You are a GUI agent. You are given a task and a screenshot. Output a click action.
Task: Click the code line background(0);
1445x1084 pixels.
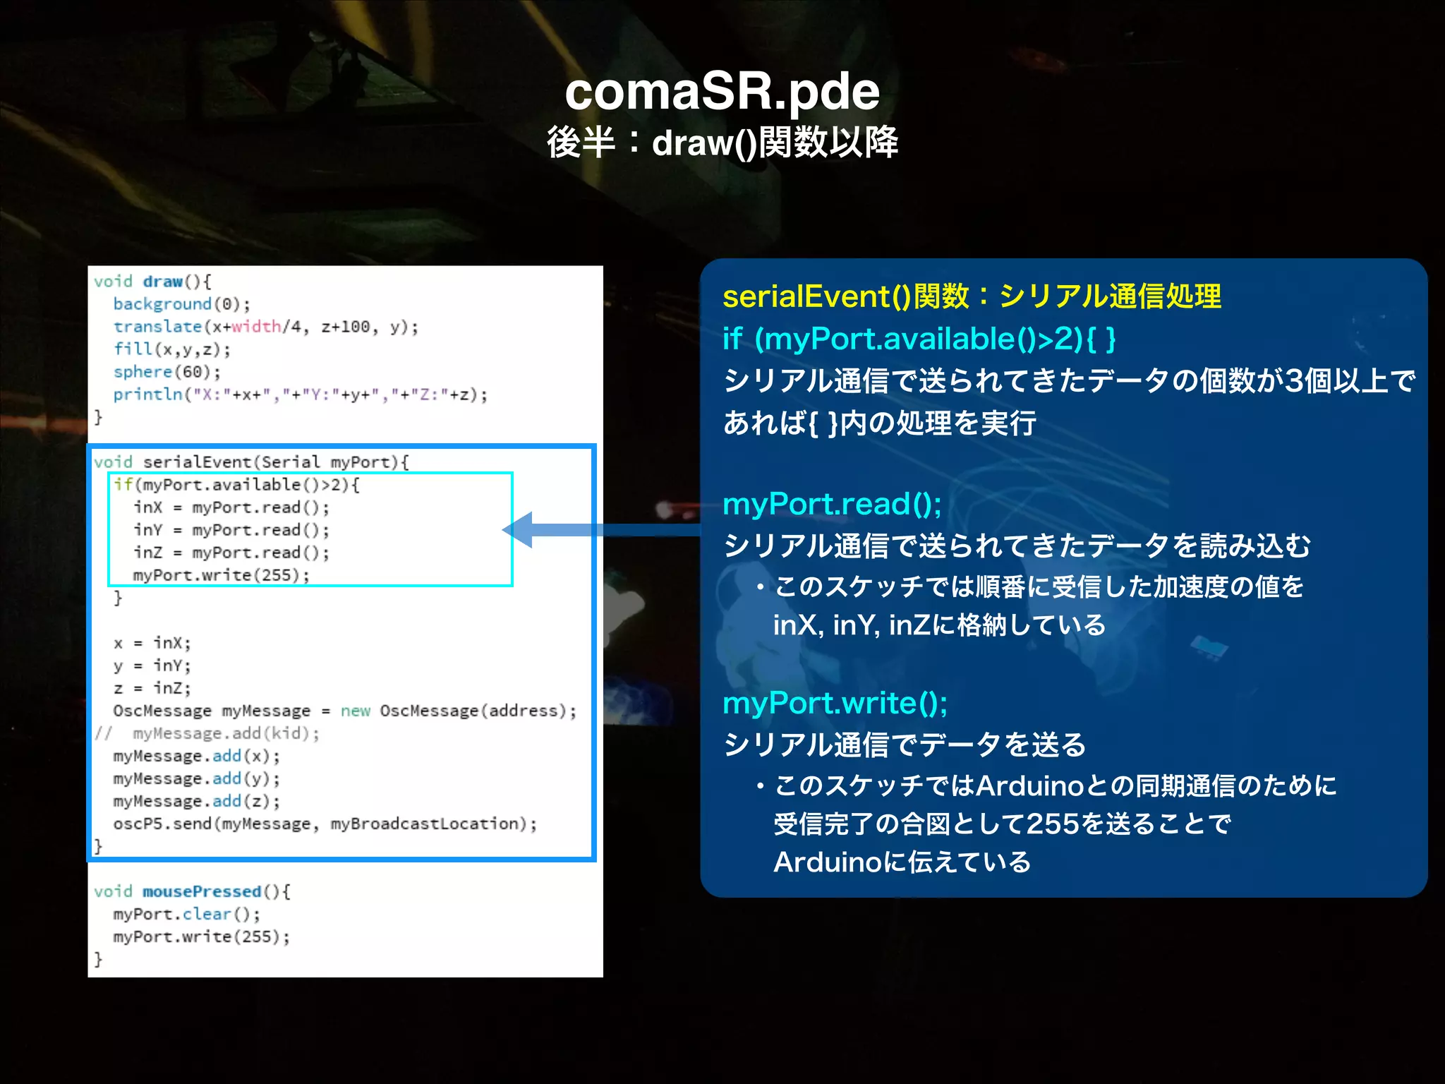click(x=181, y=304)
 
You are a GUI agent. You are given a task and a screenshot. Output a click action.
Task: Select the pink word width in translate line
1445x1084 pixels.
click(x=256, y=327)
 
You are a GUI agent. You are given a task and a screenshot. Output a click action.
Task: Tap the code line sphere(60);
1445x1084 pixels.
click(x=167, y=372)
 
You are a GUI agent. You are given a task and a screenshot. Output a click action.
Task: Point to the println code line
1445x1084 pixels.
click(x=300, y=395)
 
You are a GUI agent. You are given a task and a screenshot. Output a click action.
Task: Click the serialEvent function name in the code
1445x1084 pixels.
click(x=198, y=462)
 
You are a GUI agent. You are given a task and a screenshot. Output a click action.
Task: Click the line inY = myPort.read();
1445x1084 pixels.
click(x=231, y=530)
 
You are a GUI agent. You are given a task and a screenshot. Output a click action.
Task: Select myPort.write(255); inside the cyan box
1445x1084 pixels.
click(x=221, y=575)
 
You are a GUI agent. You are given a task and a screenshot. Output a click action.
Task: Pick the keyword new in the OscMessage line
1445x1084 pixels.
click(x=355, y=711)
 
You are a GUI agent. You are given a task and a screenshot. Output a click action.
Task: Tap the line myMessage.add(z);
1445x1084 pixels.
click(x=196, y=801)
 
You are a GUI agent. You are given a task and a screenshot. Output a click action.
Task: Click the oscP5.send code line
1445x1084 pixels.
click(x=325, y=824)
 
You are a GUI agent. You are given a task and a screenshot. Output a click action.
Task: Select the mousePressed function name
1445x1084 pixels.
click(x=202, y=891)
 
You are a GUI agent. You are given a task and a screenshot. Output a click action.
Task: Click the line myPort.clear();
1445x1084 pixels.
click(x=186, y=914)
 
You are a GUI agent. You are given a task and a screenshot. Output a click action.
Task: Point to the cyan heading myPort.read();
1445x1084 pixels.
click(x=832, y=504)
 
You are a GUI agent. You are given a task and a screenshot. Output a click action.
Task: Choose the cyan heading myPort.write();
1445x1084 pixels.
click(x=835, y=703)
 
